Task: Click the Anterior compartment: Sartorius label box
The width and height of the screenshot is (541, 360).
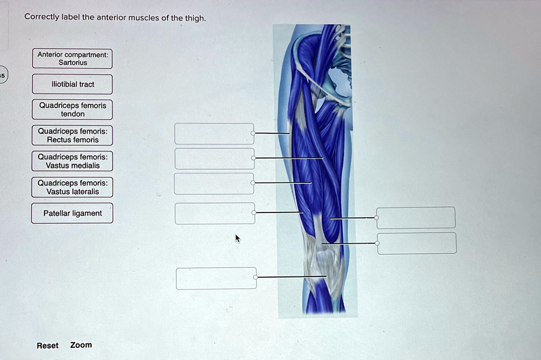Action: [72, 59]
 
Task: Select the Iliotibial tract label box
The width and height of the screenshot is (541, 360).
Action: [72, 85]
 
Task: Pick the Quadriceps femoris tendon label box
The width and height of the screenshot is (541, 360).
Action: [72, 110]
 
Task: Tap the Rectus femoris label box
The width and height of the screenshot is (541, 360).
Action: [72, 135]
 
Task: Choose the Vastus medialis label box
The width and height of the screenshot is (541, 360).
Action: [72, 161]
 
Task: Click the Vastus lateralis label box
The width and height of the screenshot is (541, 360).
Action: [72, 187]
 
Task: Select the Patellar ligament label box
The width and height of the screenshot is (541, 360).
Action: [72, 213]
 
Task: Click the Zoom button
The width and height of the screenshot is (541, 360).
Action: [81, 345]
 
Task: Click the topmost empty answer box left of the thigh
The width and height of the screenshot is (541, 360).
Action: [214, 134]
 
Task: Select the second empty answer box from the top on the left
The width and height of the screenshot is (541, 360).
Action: [214, 159]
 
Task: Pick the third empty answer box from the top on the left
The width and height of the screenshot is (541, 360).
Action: [214, 183]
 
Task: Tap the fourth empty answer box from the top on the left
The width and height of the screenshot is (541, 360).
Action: [214, 213]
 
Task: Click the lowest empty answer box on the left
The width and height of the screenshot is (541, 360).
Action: [216, 278]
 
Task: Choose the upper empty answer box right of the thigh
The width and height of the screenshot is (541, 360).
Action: [416, 218]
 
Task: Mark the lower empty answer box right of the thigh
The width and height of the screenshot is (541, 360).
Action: [417, 243]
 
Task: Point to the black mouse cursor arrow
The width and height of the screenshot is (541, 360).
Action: [237, 238]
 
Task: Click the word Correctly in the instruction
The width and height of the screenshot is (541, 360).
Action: [41, 17]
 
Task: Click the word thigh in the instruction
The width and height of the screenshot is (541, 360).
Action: [194, 18]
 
